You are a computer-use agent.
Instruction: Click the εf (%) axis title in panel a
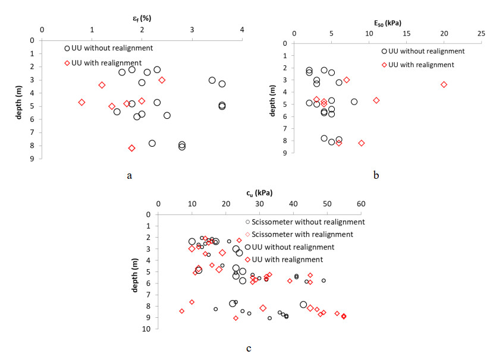coord(142,17)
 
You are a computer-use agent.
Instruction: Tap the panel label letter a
coord(129,175)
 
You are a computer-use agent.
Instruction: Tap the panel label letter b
coord(376,175)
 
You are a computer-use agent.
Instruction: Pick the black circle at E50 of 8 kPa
coord(354,102)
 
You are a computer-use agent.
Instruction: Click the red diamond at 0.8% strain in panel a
coord(81,102)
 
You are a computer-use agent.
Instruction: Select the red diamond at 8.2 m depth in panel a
coord(131,148)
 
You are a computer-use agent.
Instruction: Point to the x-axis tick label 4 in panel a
coord(242,30)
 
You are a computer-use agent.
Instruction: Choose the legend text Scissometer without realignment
coord(306,222)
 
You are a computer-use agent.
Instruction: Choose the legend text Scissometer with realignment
coord(302,235)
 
